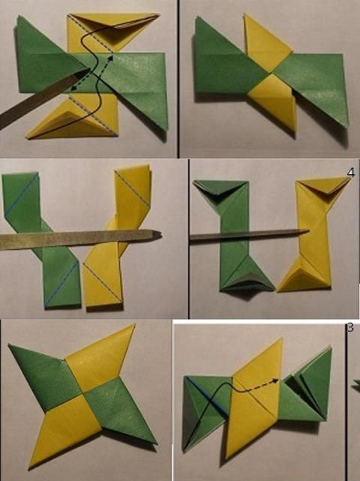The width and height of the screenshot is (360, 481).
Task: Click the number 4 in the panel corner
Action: click(x=351, y=173)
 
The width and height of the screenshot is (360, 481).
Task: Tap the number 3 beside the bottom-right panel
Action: click(x=350, y=328)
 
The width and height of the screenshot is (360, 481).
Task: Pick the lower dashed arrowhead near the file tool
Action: click(x=74, y=89)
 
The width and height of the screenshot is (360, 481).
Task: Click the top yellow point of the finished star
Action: click(x=134, y=325)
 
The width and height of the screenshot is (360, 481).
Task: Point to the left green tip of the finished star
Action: click(x=10, y=346)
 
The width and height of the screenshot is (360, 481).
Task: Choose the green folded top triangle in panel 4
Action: click(x=220, y=187)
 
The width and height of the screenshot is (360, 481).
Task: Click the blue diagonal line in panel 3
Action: click(x=208, y=396)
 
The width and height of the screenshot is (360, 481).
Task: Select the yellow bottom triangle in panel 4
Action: click(x=304, y=278)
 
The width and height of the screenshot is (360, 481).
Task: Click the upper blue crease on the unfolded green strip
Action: click(x=22, y=195)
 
